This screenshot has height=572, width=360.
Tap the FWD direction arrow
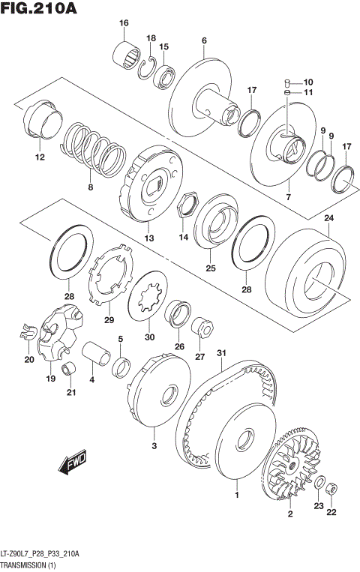(x=73, y=461)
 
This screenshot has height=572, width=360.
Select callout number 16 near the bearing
(x=124, y=23)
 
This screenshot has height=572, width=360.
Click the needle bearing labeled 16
(x=127, y=54)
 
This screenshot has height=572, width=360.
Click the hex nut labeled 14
(x=187, y=203)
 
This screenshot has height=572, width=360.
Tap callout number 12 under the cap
(x=39, y=157)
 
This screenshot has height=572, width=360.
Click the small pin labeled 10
(x=288, y=82)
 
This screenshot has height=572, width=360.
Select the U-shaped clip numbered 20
(x=28, y=330)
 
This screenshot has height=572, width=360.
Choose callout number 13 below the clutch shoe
(x=149, y=238)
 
